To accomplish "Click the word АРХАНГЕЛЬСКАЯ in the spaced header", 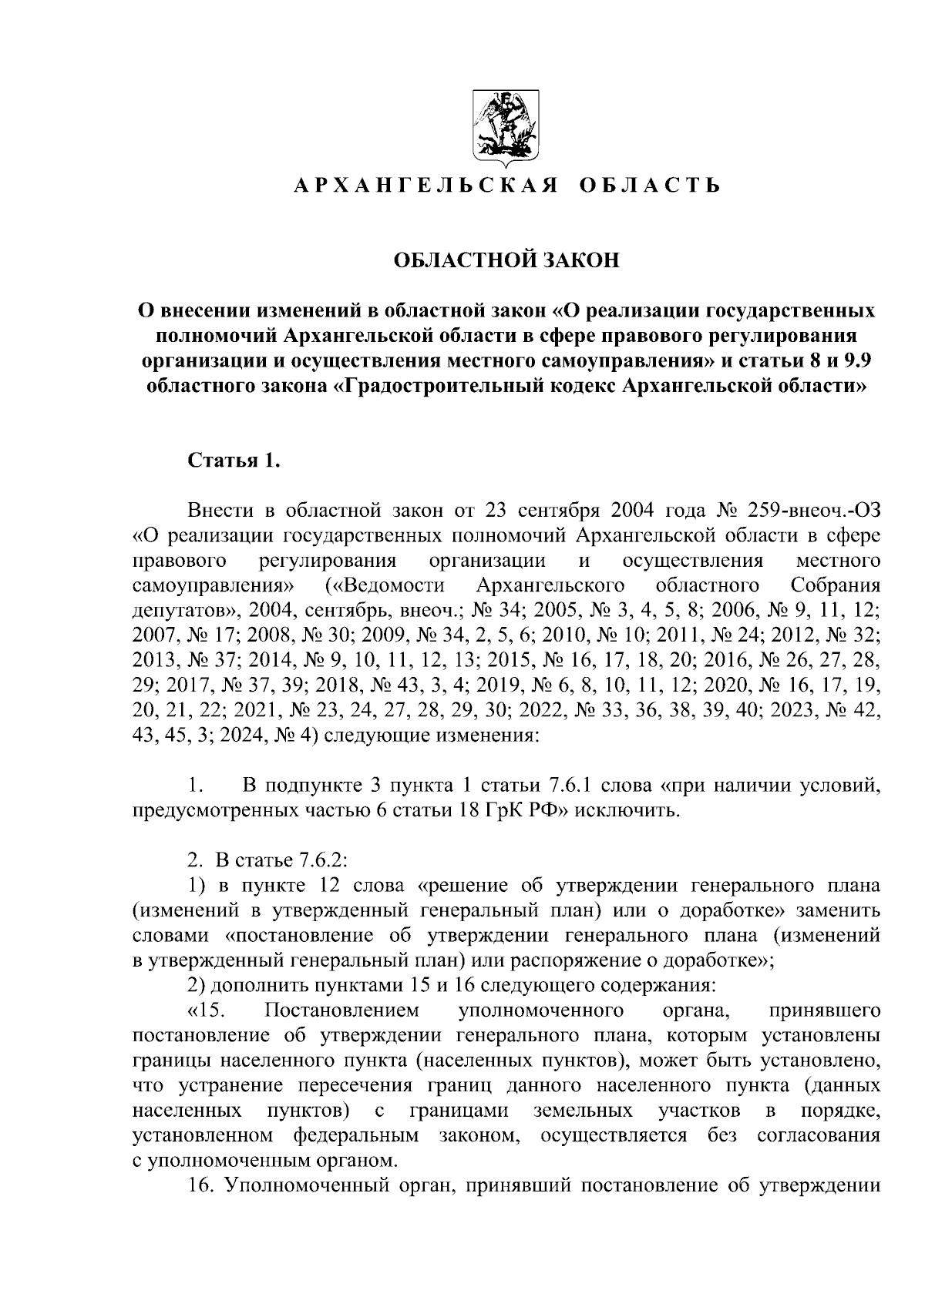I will (415, 186).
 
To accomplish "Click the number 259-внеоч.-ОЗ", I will (809, 511).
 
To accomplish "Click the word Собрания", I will (835, 585).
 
